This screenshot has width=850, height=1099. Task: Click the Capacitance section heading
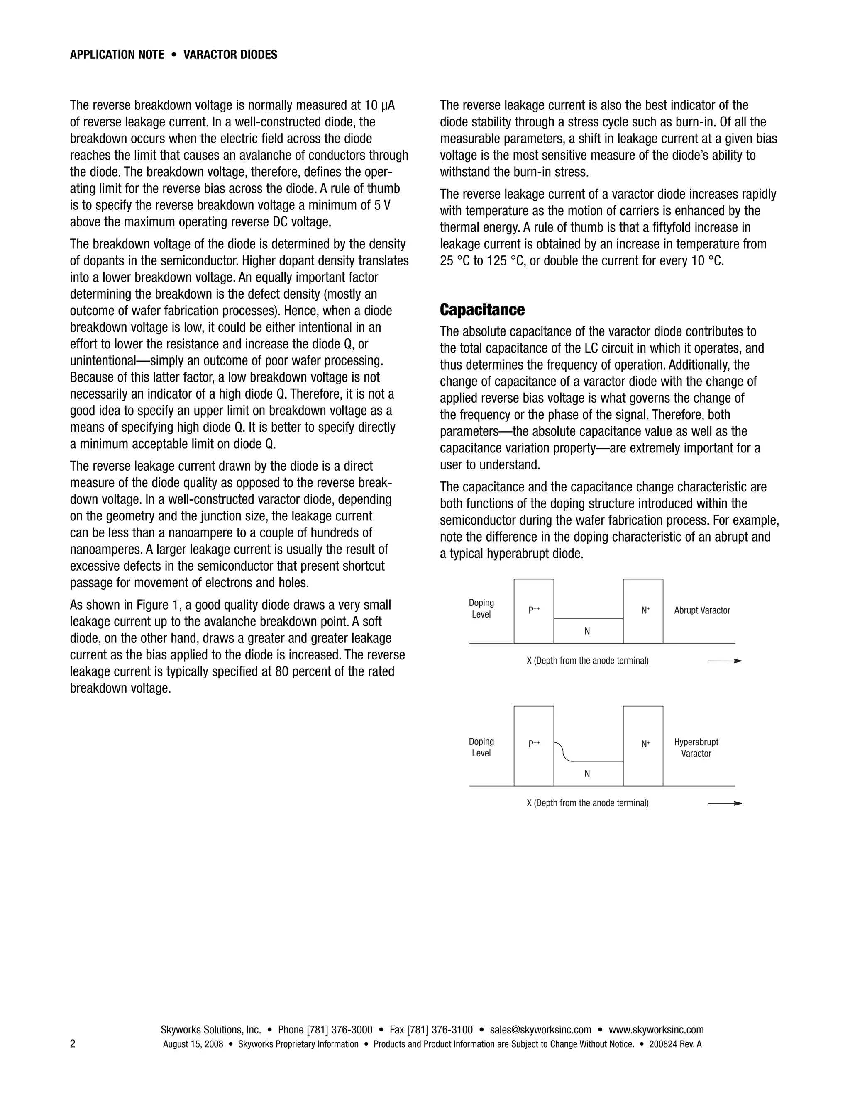pos(482,310)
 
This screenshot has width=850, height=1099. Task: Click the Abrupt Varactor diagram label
pos(701,610)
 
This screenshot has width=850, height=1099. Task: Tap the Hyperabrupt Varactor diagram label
pos(696,747)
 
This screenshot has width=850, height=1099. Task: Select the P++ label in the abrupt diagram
pos(534,610)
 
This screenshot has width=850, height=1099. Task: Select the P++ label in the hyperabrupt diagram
pos(534,743)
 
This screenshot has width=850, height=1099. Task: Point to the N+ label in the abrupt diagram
pos(645,610)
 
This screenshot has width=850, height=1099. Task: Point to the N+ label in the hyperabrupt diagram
pos(645,744)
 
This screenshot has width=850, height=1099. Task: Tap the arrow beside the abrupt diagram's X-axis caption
pos(725,661)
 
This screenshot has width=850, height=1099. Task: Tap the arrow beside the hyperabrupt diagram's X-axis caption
pos(725,803)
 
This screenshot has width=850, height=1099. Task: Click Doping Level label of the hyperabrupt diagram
pos(481,747)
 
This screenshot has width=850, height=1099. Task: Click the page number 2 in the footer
pos(73,1044)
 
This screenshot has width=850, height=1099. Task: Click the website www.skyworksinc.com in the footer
pos(656,1030)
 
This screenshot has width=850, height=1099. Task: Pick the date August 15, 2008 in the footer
pos(193,1044)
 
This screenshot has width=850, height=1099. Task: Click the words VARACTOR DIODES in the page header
pos(230,55)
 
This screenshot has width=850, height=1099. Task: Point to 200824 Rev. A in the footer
pos(675,1044)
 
